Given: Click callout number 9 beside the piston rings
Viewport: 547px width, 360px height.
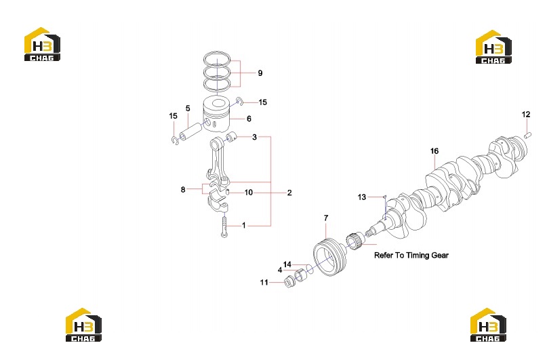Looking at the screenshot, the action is pyautogui.click(x=260, y=73).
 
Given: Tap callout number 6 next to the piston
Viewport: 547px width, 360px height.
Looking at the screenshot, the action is pyautogui.click(x=249, y=119).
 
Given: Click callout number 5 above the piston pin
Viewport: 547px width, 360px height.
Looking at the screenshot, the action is pyautogui.click(x=188, y=108).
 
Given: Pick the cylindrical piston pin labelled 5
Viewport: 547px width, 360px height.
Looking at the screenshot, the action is pyautogui.click(x=190, y=131).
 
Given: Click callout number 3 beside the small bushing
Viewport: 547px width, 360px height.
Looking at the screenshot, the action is pyautogui.click(x=254, y=137).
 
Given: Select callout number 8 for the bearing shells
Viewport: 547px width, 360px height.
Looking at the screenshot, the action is pyautogui.click(x=183, y=190).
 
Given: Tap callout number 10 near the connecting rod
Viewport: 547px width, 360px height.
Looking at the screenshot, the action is pyautogui.click(x=248, y=193).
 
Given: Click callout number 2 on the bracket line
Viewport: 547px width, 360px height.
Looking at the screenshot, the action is pyautogui.click(x=289, y=193).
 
